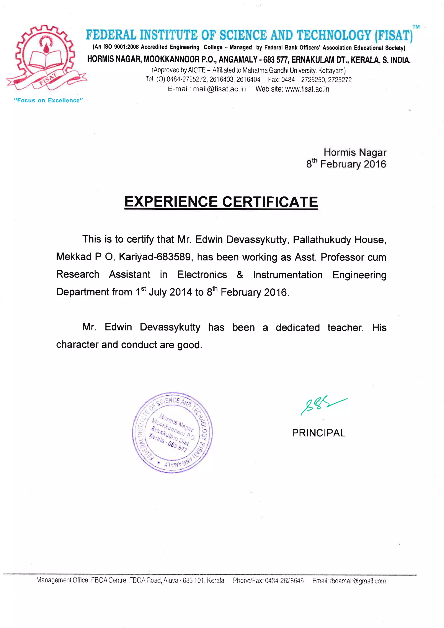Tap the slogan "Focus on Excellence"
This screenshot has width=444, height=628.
pyautogui.click(x=48, y=100)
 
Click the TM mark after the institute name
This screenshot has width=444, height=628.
pyautogui.click(x=416, y=27)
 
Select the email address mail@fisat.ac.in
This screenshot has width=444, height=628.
pyautogui.click(x=219, y=89)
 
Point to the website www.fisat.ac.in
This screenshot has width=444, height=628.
pyautogui.click(x=307, y=89)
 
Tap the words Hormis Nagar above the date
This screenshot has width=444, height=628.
pyautogui.click(x=355, y=152)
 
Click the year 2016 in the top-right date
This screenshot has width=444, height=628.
pyautogui.click(x=375, y=164)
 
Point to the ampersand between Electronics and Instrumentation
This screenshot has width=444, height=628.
pyautogui.click(x=240, y=275)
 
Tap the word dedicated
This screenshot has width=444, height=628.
pyautogui.click(x=297, y=327)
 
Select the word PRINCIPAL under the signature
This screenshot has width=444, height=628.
pyautogui.click(x=318, y=433)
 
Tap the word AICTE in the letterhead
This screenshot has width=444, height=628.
pyautogui.click(x=197, y=70)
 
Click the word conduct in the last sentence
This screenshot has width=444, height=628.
pyautogui.click(x=139, y=345)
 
